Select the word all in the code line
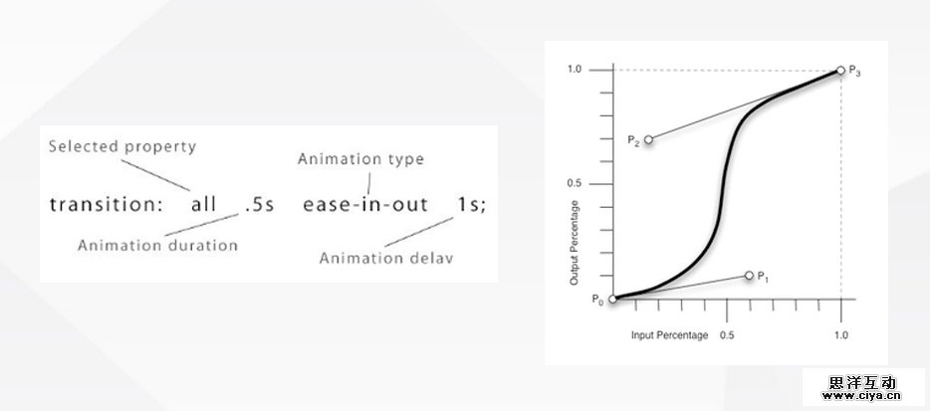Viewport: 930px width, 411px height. pyautogui.click(x=203, y=205)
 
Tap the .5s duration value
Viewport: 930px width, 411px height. pyautogui.click(x=260, y=205)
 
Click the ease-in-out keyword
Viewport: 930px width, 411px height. pyautogui.click(x=365, y=205)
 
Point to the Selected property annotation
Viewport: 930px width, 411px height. pyautogui.click(x=122, y=147)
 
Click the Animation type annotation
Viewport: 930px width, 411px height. pyautogui.click(x=360, y=159)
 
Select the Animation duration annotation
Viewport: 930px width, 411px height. pyautogui.click(x=157, y=246)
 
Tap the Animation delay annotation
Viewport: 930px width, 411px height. pyautogui.click(x=386, y=258)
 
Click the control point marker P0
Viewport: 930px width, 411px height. pyautogui.click(x=612, y=299)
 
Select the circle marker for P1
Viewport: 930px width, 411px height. pyautogui.click(x=749, y=276)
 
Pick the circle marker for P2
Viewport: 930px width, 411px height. pyautogui.click(x=648, y=139)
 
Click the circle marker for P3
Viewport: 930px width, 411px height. pyautogui.click(x=840, y=71)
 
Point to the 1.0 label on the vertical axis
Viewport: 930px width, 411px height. pyautogui.click(x=575, y=70)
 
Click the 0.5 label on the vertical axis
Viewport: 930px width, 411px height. pyautogui.click(x=575, y=183)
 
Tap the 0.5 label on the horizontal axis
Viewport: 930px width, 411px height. pyautogui.click(x=727, y=335)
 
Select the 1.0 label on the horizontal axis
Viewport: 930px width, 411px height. pyautogui.click(x=841, y=335)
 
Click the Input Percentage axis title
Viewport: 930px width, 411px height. pyautogui.click(x=670, y=335)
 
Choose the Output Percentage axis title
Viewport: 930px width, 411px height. pyautogui.click(x=575, y=243)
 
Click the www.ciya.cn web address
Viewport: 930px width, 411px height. pyautogui.click(x=861, y=396)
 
